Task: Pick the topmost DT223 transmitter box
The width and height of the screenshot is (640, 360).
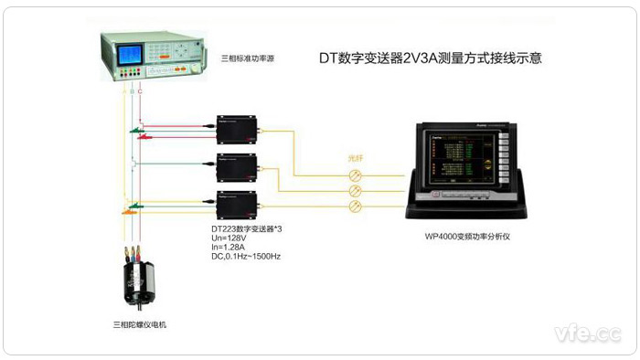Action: tap(235, 129)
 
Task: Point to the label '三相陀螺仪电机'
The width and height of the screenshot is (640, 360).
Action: tap(140, 323)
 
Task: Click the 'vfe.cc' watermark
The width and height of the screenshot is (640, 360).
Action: tap(585, 333)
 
